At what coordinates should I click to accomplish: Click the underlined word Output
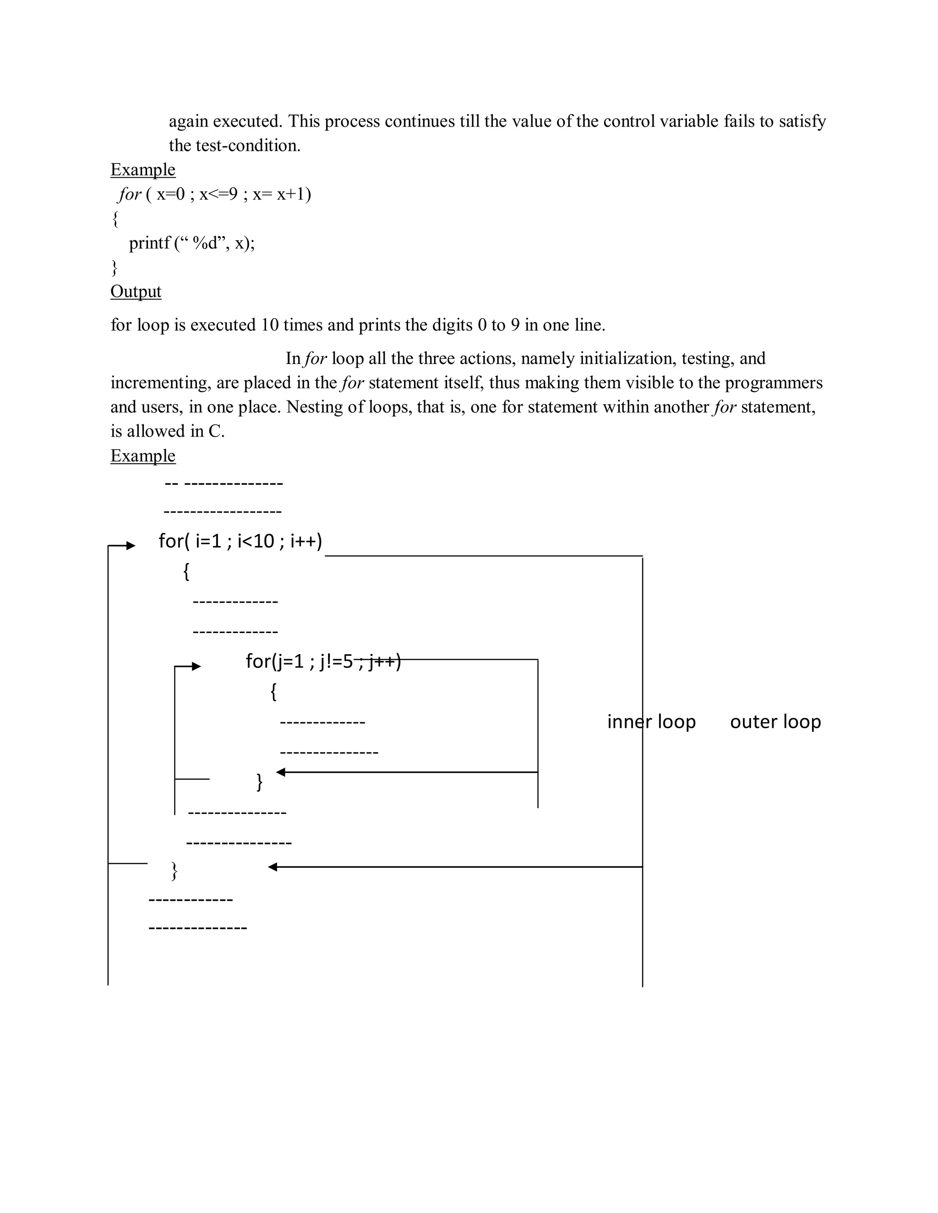pos(136,292)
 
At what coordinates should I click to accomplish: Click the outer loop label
pos(775,721)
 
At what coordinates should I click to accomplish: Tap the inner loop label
pos(651,721)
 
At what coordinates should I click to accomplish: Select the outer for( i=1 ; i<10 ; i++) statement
pos(240,541)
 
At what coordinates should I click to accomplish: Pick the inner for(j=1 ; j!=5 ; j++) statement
pos(323,661)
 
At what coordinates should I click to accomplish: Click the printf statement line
pos(192,243)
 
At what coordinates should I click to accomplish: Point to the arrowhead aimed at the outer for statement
pos(131,546)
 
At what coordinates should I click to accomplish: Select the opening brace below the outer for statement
pos(186,572)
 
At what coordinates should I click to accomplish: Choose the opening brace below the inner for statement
pos(273,692)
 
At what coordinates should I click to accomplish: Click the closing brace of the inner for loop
pos(259,782)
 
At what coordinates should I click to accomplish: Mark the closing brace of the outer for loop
pos(174,871)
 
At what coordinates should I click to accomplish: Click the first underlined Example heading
pos(143,169)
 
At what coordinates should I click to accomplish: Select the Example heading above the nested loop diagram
pos(143,455)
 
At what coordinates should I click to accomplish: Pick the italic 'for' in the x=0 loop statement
pos(130,195)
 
